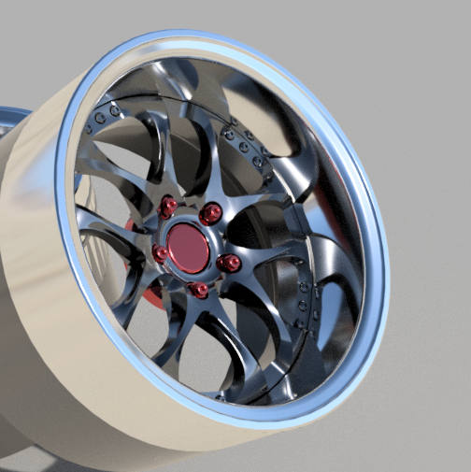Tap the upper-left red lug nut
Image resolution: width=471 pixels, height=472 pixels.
point(169,207)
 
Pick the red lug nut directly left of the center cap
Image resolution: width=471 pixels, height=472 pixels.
point(161,252)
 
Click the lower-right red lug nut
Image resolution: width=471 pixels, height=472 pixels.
point(227,264)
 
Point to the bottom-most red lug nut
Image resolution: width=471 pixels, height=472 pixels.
point(198,290)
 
